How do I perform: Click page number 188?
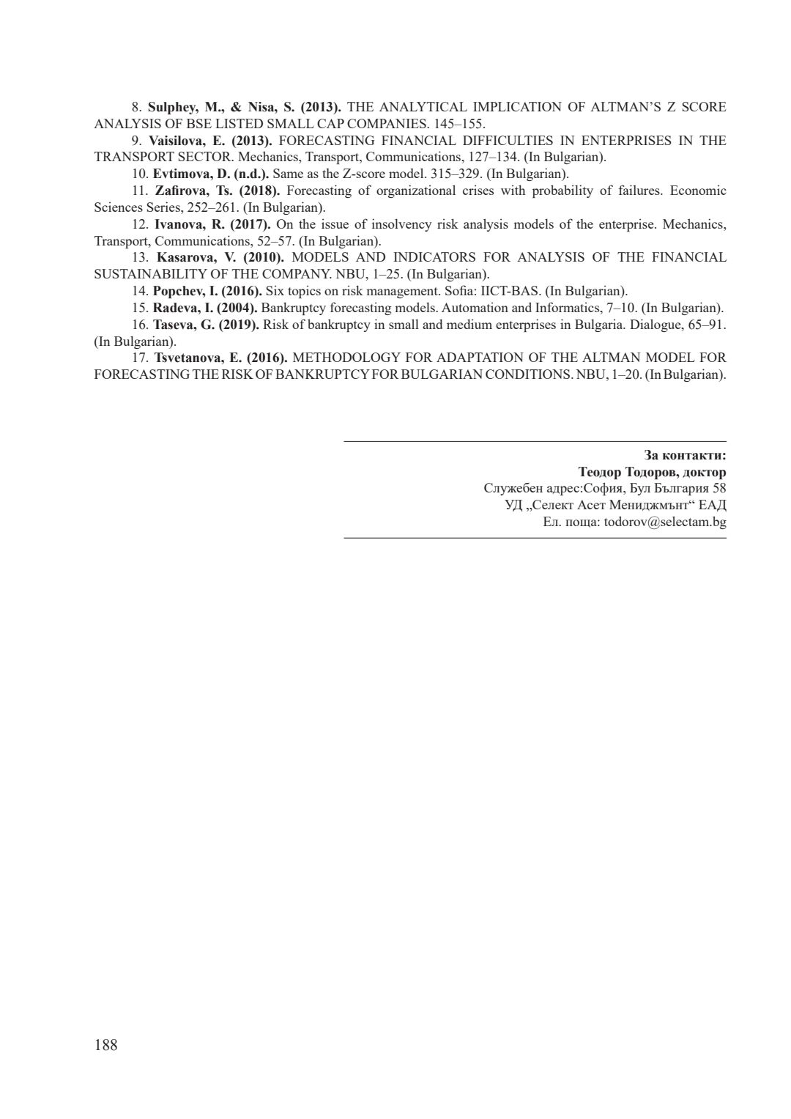(x=105, y=1045)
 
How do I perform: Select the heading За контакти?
(x=685, y=455)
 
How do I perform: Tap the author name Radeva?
(x=174, y=308)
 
